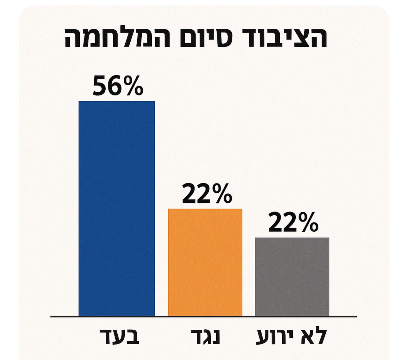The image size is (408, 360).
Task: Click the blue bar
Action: pos(117,209)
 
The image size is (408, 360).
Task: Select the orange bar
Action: pos(205,262)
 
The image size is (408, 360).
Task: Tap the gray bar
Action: pos(292,277)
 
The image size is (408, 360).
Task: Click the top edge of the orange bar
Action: pos(205,209)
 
